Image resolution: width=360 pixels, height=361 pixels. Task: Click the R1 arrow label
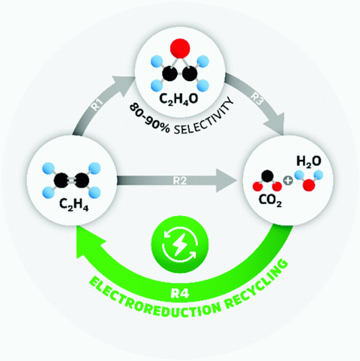coord(97,104)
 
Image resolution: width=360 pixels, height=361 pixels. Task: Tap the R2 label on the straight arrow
coord(180,181)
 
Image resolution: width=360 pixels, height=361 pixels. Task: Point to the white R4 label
coord(180,293)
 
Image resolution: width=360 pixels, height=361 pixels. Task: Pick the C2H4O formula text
coord(178,99)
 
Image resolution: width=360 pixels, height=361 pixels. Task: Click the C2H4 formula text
coord(73,204)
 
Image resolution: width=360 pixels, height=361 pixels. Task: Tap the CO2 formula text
coord(270,200)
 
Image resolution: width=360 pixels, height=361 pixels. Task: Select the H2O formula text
coord(309,161)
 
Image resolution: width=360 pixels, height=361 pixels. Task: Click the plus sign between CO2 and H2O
coord(288,180)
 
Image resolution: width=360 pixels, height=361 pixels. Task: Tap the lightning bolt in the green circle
coord(180,245)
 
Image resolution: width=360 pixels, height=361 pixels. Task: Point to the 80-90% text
coord(149,119)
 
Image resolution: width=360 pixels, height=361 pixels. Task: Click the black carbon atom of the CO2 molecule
coord(268,176)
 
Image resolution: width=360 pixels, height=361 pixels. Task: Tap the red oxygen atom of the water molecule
coord(309,185)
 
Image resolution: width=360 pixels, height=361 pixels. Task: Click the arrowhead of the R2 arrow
coord(226,180)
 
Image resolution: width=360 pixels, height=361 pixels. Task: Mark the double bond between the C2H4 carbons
coord(71,180)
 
